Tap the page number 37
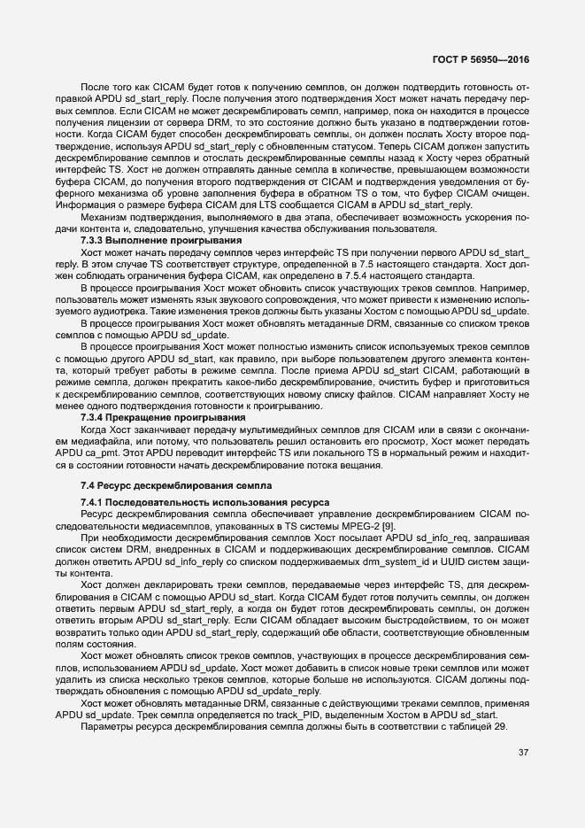(x=523, y=754)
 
